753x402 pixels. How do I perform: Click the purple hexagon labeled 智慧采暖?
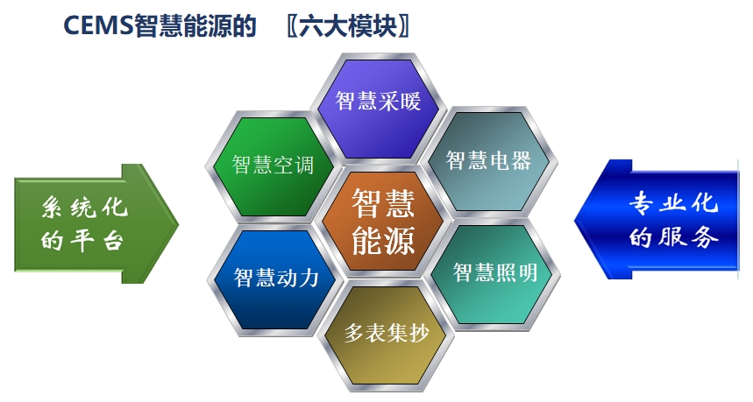379,107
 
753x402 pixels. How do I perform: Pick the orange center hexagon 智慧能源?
383,222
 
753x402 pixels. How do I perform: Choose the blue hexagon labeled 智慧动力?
275,279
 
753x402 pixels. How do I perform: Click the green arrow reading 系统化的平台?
96,223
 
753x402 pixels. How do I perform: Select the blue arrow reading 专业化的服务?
657,219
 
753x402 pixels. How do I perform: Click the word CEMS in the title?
98,25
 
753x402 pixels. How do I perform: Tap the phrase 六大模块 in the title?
348,25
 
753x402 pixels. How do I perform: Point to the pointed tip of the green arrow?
179,223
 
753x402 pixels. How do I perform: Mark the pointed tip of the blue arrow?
575,220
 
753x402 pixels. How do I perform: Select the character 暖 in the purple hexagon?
410,101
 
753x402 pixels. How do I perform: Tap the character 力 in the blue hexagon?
309,278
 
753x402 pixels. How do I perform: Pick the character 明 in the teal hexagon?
527,272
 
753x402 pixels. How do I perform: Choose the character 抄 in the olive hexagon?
418,333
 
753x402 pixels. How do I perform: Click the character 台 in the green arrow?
113,240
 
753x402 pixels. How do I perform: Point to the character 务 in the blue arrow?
706,236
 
